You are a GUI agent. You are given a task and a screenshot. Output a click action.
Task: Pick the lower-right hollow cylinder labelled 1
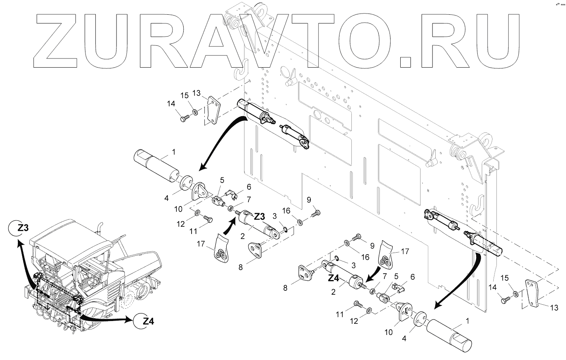tap(450, 331)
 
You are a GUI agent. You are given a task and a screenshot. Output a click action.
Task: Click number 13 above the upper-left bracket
tap(196, 93)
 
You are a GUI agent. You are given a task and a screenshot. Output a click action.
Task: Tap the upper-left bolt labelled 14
tap(185, 118)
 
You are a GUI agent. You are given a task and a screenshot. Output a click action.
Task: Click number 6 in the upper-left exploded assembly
tap(249, 186)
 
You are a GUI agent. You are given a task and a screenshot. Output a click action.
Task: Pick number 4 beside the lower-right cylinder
tap(404, 339)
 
